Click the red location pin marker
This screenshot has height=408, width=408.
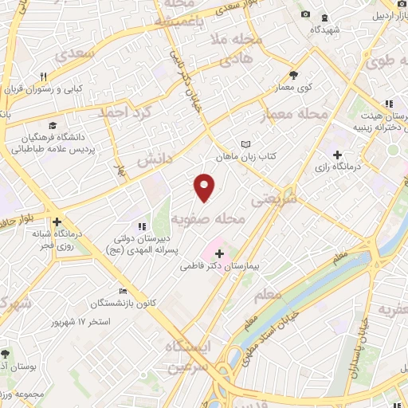pyautogui.click(x=205, y=188)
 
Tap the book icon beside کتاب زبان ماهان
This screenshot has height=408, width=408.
pyautogui.click(x=245, y=144)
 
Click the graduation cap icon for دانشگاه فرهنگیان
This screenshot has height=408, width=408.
pyautogui.click(x=53, y=125)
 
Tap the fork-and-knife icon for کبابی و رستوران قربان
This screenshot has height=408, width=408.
pyautogui.click(x=44, y=77)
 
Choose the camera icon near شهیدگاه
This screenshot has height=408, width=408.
pyautogui.click(x=306, y=14)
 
